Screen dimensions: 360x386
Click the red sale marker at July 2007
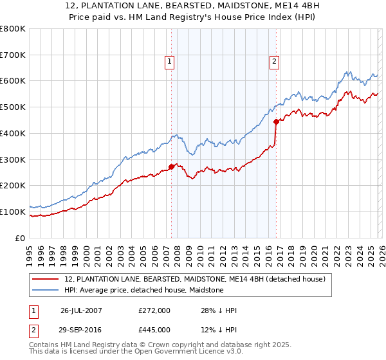pos(171,166)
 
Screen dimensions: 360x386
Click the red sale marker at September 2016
pos(276,121)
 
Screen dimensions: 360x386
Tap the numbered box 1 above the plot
pos(169,62)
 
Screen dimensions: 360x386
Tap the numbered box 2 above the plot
pos(274,62)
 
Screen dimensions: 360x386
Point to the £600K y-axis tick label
pos(13,81)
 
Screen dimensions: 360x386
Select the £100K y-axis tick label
pos(13,212)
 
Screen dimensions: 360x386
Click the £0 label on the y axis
pos(21,238)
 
